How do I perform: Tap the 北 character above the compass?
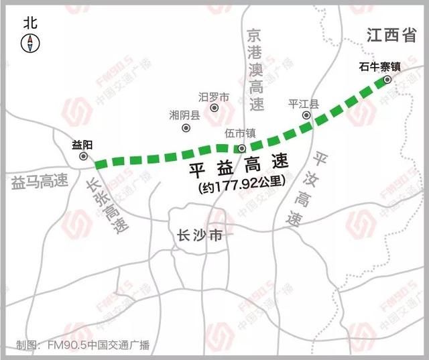pos(31,23)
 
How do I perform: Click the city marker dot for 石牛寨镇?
pos(387,80)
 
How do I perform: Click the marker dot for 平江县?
pos(306,115)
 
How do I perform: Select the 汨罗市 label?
pos(214,98)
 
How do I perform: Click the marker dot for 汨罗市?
pos(214,107)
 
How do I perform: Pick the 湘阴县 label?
pos(185,115)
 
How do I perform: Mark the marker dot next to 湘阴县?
pos(186,127)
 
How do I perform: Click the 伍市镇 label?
pos(239,134)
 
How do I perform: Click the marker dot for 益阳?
pos(84,156)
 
